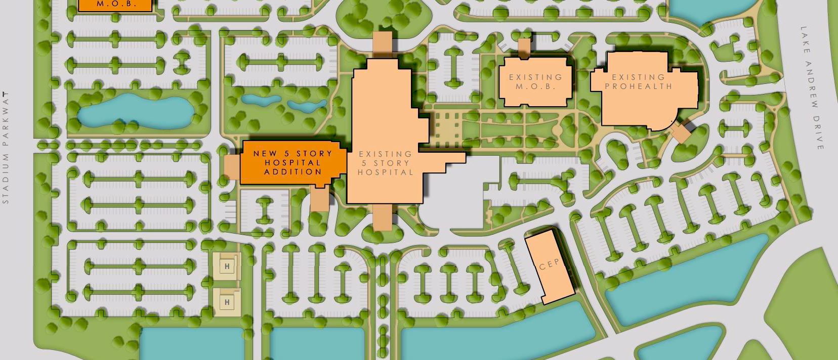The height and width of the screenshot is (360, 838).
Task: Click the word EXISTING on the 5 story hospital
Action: (x=385, y=154)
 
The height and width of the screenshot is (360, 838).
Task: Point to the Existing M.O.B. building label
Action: (x=535, y=81)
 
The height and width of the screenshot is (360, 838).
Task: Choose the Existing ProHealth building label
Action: (x=638, y=81)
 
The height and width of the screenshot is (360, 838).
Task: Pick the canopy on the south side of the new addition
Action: (x=319, y=199)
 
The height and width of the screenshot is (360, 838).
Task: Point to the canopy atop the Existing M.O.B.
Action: (x=523, y=48)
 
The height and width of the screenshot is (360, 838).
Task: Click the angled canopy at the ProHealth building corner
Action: (x=681, y=133)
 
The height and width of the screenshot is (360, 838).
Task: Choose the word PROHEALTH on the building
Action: (x=638, y=86)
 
